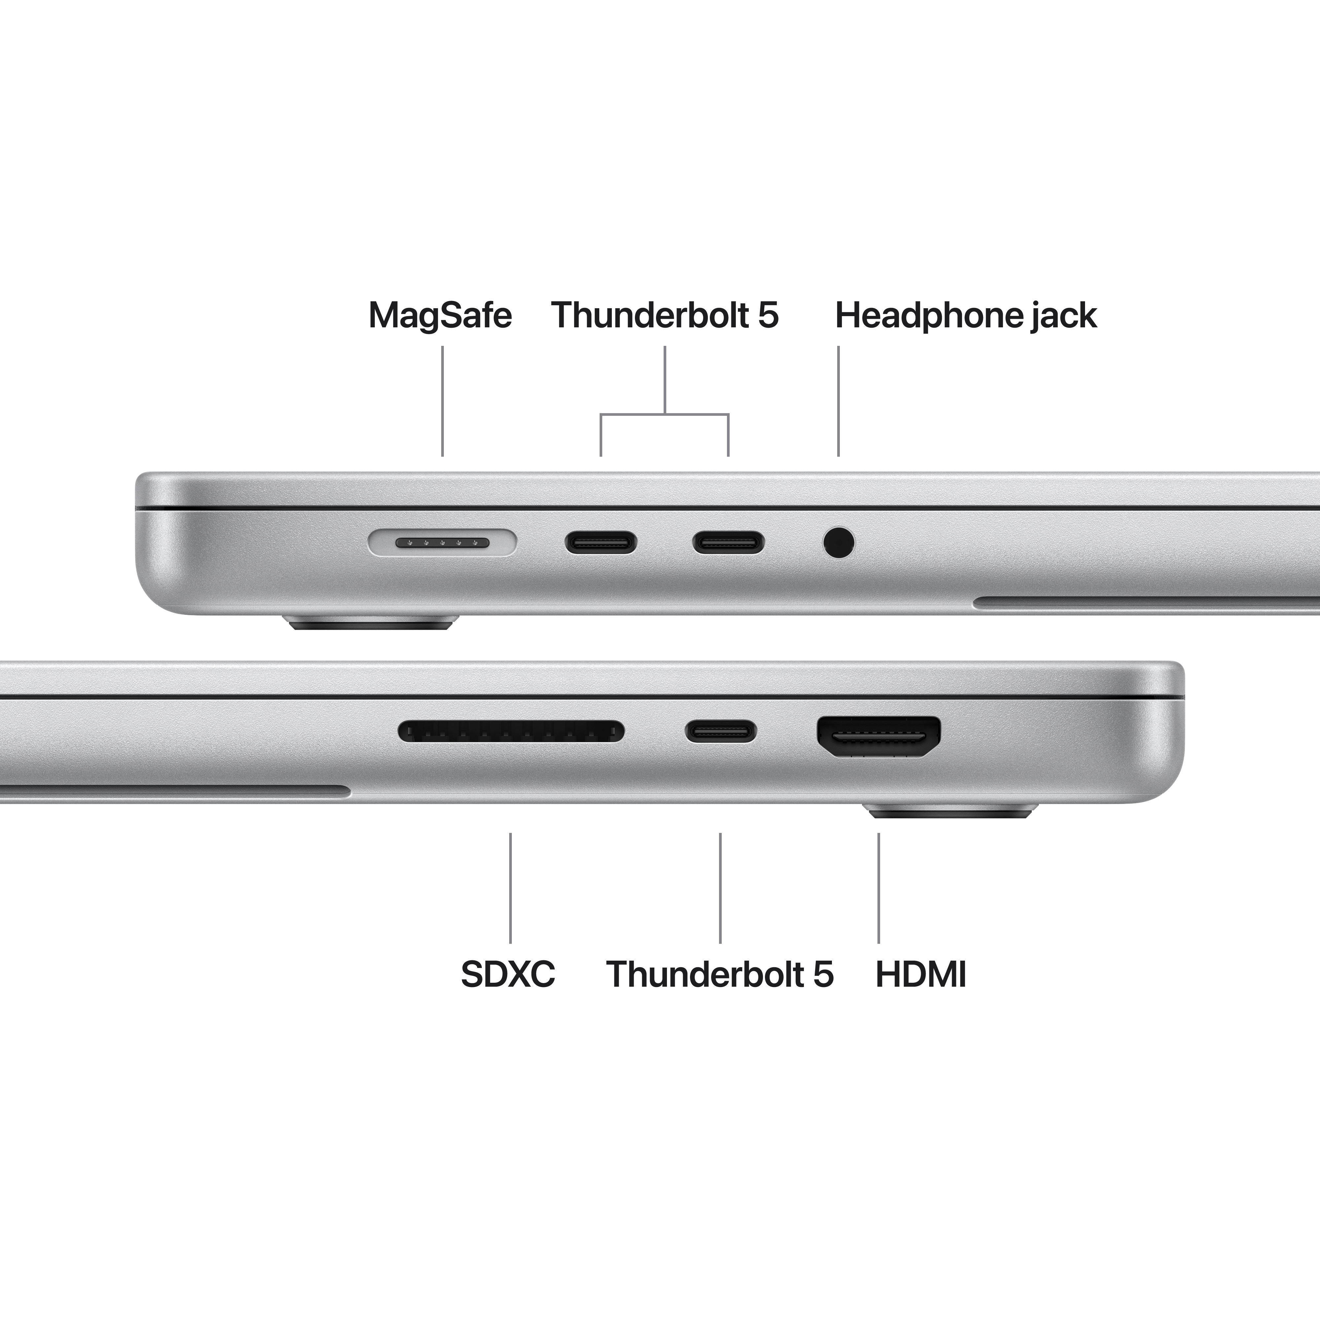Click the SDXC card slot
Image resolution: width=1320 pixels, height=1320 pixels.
(x=511, y=731)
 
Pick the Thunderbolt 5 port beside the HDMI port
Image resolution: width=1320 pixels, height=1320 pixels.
(x=721, y=731)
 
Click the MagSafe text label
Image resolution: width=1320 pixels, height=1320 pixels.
(x=440, y=316)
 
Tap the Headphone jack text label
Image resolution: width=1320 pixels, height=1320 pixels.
(x=965, y=316)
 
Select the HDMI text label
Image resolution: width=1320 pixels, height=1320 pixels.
(x=920, y=974)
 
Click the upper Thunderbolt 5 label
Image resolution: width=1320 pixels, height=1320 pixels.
(x=664, y=316)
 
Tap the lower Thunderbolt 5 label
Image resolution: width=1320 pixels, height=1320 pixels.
(x=719, y=974)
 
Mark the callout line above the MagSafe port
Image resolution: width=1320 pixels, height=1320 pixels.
(x=443, y=401)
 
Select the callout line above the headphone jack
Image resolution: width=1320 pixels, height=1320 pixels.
(x=838, y=401)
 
